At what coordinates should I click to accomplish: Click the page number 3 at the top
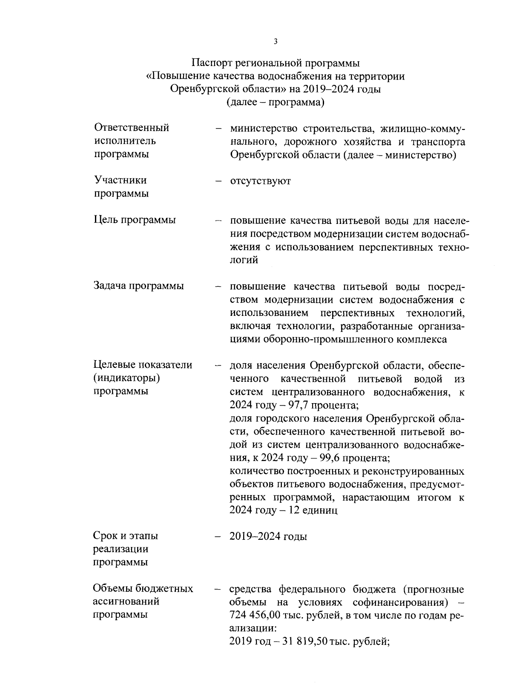tap(276, 41)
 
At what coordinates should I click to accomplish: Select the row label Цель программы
tap(135, 220)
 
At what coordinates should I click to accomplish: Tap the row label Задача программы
tap(138, 286)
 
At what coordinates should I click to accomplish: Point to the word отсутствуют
tap(260, 181)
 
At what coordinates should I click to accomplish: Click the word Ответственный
tap(131, 128)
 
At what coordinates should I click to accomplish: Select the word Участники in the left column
tap(120, 180)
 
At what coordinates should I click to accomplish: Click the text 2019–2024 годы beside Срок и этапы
tap(268, 536)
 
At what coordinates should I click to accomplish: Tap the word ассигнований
tap(126, 601)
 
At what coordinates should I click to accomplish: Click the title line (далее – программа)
tap(276, 103)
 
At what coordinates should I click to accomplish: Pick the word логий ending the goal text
tap(244, 260)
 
